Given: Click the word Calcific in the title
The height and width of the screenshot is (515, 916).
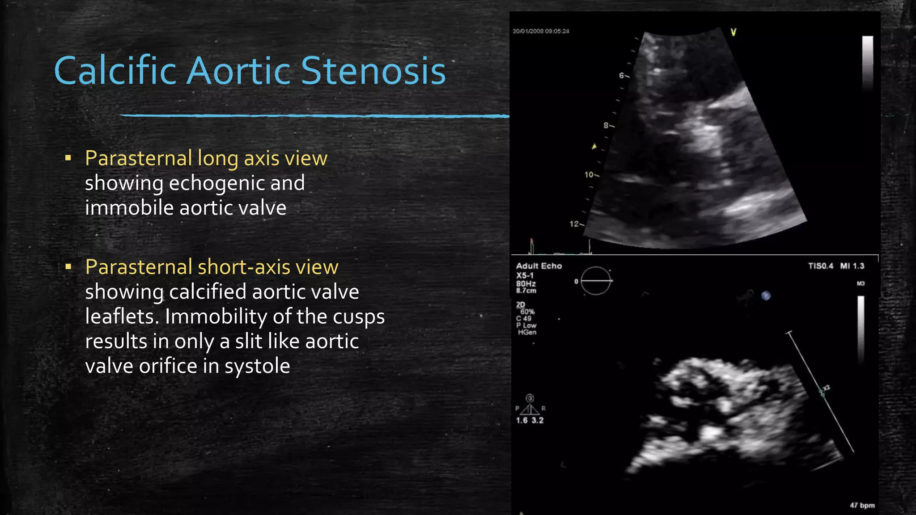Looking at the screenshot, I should [115, 71].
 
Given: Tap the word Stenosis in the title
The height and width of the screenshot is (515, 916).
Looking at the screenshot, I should [373, 71].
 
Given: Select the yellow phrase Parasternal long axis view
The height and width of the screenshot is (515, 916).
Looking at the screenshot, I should [206, 158].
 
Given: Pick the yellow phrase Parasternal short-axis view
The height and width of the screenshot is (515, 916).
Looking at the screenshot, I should [212, 267].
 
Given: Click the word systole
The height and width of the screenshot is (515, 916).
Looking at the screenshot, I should [257, 366].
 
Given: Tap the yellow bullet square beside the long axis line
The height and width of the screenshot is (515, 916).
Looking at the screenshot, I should [68, 158].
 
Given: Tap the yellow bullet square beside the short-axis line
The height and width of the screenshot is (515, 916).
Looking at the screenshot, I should [68, 267].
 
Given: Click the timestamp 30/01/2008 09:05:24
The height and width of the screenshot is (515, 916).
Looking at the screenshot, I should [541, 31].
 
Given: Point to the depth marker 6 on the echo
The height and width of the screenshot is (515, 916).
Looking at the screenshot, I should [622, 76].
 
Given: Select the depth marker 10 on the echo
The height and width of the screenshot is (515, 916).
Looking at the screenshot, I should [589, 174].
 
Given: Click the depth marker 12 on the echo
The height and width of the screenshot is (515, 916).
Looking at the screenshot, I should [574, 224].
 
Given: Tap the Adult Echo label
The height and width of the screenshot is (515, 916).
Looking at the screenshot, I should [539, 266].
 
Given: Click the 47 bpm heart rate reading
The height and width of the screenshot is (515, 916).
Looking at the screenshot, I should [862, 505].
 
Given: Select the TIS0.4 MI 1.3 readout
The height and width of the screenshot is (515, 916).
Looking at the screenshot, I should [836, 266].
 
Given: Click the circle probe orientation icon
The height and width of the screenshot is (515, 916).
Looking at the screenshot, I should [596, 281].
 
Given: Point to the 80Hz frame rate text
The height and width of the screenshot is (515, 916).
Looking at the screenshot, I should [526, 283].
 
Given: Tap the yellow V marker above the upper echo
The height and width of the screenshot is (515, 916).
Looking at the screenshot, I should [734, 32].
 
